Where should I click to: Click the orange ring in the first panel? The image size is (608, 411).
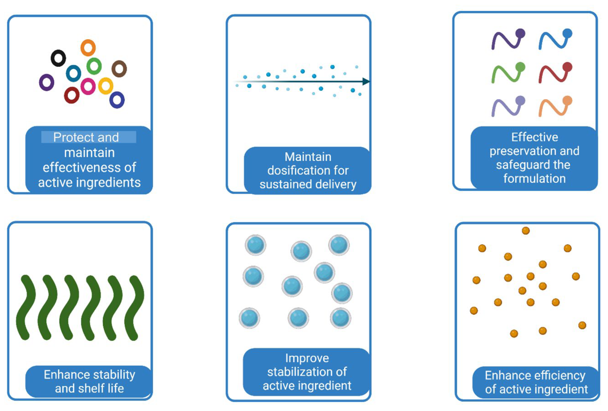[x=88, y=48]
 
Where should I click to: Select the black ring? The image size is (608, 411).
[x=58, y=58]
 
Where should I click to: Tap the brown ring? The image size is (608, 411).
[x=119, y=69]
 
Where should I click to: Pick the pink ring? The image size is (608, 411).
[x=88, y=86]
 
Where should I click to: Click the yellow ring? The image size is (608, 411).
[x=106, y=86]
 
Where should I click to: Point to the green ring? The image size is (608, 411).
[x=94, y=66]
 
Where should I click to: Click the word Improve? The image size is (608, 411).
[x=307, y=358]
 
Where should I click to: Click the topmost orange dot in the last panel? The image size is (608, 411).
[x=526, y=231]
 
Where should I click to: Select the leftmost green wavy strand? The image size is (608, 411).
[x=26, y=307]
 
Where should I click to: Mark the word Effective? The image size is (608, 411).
[x=535, y=137]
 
